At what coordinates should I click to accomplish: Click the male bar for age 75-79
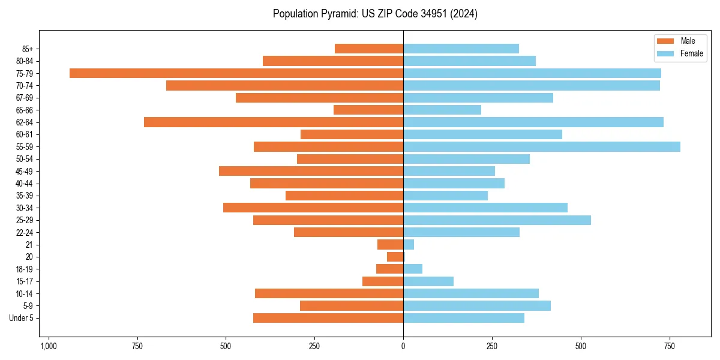236,73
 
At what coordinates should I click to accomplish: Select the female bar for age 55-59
542,147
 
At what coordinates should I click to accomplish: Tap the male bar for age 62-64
274,122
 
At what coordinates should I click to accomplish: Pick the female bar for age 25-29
497,220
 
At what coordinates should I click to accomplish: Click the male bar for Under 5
328,318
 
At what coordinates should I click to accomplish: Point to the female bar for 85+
461,49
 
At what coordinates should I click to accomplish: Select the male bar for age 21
390,245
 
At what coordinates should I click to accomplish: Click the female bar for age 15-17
428,281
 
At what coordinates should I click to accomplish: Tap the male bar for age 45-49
311,171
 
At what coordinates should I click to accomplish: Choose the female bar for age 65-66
442,110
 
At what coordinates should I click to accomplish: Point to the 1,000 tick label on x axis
49,347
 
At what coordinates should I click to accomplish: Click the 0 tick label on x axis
403,347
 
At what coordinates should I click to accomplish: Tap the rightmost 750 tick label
669,347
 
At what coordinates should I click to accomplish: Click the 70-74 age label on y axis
25,86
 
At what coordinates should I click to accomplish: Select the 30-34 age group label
25,208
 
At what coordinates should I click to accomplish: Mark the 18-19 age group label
25,269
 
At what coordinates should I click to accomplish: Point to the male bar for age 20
395,257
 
